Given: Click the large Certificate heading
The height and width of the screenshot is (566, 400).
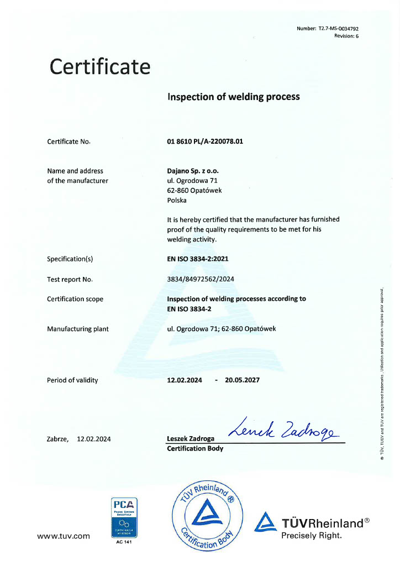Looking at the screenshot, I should tap(100, 67).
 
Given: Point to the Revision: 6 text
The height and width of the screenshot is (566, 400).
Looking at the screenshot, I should tap(346, 36).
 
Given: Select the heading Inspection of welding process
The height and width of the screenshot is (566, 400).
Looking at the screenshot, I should tap(233, 97).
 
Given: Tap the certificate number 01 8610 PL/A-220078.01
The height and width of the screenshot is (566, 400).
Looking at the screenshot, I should tap(205, 141).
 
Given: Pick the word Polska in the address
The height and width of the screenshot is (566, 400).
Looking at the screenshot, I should tap(177, 201).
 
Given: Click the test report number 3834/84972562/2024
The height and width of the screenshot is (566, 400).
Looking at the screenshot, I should tap(201, 279).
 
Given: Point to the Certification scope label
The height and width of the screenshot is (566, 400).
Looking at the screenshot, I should tap(75, 299).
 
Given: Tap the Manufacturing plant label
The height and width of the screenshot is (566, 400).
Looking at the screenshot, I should tap(78, 329).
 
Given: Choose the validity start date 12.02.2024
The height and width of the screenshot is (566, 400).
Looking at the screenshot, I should tap(185, 380).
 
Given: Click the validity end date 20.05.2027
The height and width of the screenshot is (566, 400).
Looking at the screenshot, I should tap(241, 380).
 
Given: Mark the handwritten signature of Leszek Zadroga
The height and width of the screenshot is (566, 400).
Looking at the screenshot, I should tap(282, 428).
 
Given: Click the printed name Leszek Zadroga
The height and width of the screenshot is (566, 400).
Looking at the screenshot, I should tap(191, 439).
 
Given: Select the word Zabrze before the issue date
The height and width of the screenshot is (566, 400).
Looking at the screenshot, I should tap(58, 439).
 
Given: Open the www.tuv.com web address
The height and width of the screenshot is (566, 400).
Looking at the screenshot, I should tap(63, 536).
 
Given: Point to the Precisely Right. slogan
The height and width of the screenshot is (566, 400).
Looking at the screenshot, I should tap(312, 535).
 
